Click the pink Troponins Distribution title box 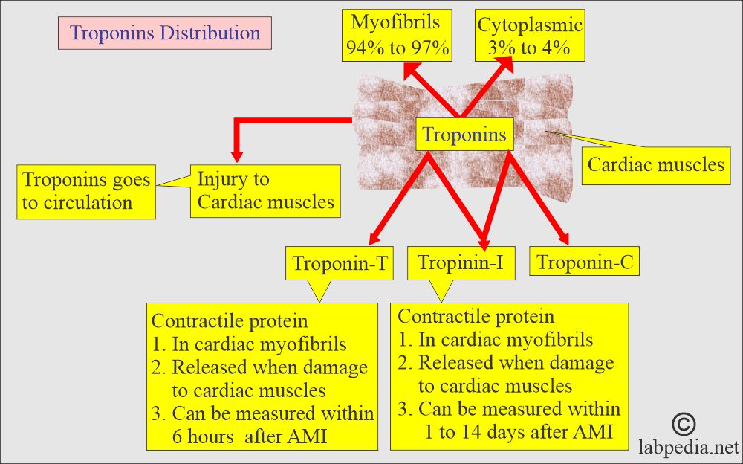pos(164,33)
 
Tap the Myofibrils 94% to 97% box pos(397,36)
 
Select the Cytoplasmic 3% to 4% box pos(530,36)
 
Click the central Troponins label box pos(464,135)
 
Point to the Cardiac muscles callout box pos(656,165)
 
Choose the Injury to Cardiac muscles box pos(265,190)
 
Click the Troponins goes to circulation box pos(86,192)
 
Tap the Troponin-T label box pos(340,262)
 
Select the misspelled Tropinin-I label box pos(461,262)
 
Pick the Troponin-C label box pos(584,262)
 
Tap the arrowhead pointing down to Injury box pos(237,157)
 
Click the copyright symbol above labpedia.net pos(684,425)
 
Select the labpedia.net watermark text pos(689,447)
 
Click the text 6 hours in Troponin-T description pos(203,436)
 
